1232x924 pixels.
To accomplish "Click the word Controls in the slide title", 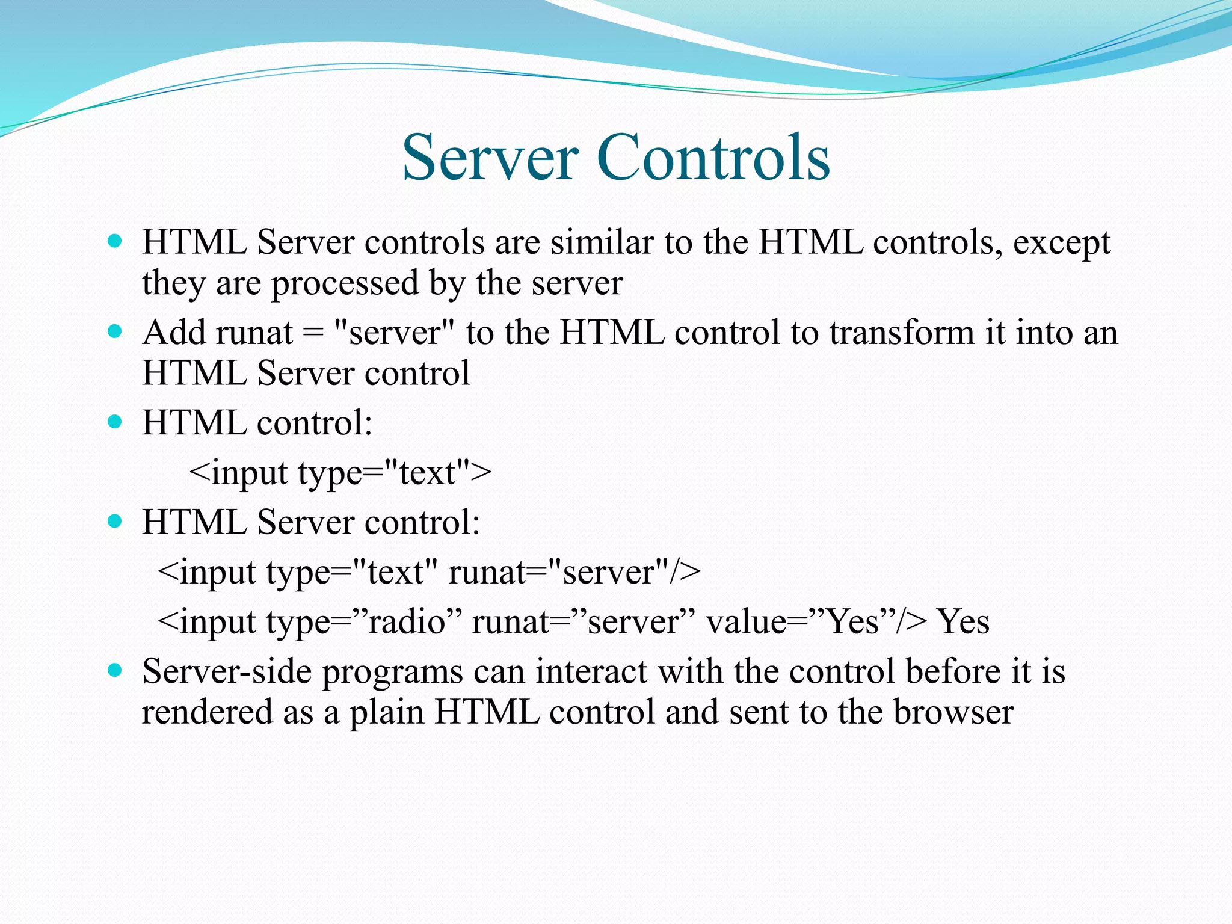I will coord(714,158).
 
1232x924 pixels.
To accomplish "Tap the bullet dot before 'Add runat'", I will coord(114,331).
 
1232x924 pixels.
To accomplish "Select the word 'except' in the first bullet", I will coord(1062,244).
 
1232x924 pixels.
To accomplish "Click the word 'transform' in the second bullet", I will coord(902,333).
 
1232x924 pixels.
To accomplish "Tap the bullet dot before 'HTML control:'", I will coord(114,422).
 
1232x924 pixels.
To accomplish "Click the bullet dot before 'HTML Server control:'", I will coord(114,521).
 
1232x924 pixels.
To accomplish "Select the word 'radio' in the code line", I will coord(407,621).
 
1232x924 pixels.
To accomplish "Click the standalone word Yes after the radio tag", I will coord(964,621).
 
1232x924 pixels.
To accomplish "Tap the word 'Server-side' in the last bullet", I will coord(227,671).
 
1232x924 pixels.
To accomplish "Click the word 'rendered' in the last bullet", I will coord(206,712).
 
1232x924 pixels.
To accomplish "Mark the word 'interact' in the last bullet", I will coord(591,671).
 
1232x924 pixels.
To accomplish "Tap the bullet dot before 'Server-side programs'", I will coord(114,670).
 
